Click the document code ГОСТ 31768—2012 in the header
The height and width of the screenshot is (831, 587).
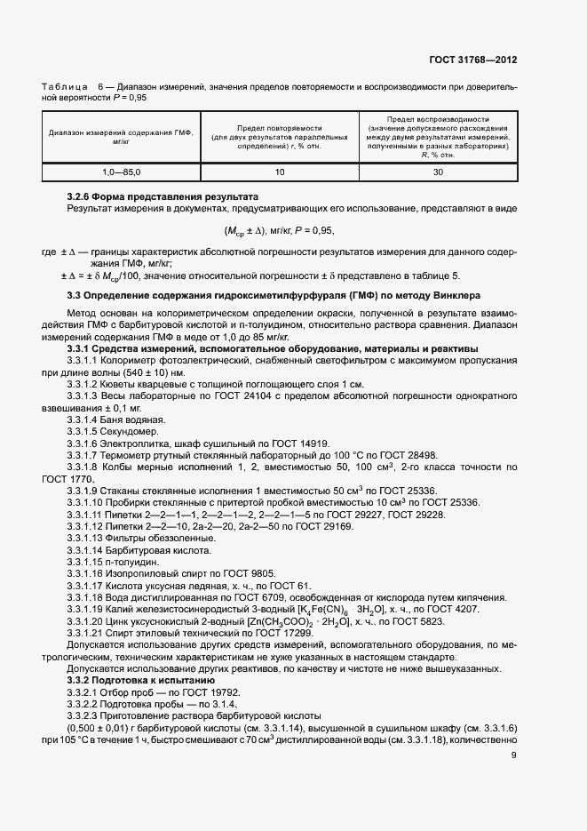tap(472, 60)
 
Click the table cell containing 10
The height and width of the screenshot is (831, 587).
tap(280, 172)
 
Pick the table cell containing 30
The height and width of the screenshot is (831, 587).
tap(438, 172)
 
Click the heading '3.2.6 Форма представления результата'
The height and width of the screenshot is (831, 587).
tap(163, 196)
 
